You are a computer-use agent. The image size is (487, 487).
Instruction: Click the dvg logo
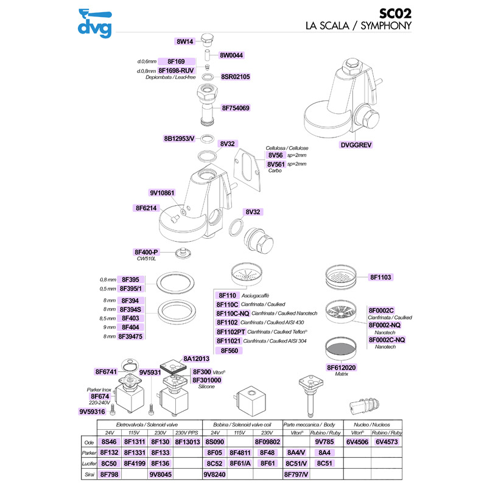coord(96,22)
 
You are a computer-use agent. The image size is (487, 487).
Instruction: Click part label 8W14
coord(184,41)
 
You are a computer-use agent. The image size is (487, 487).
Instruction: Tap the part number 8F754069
coord(236,108)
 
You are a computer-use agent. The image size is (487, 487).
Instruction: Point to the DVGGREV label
coord(357,145)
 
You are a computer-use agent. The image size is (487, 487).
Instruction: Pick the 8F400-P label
coord(146,251)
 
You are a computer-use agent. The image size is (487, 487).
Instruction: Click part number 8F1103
coord(382,277)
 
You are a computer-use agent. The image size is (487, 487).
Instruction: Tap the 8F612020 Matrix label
coord(342,367)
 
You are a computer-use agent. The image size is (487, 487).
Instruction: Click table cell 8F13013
coord(187,442)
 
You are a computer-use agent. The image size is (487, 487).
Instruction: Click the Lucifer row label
coord(90,463)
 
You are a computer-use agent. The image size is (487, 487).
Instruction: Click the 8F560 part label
coord(229,351)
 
